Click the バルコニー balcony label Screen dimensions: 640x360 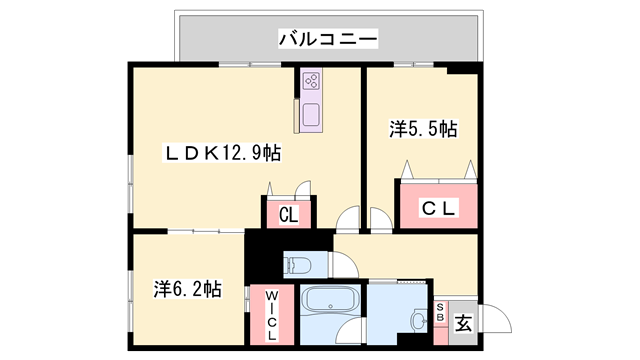(x=327, y=40)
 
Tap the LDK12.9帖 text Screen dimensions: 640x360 (x=222, y=153)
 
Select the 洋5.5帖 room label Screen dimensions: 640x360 (x=423, y=129)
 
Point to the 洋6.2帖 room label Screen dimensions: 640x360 (x=187, y=289)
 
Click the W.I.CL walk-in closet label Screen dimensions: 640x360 (x=271, y=315)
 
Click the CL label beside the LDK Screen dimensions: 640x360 (x=288, y=213)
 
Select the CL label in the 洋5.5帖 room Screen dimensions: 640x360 (x=437, y=208)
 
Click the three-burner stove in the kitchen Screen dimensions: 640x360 (x=310, y=81)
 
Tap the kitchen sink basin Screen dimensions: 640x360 (x=310, y=112)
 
